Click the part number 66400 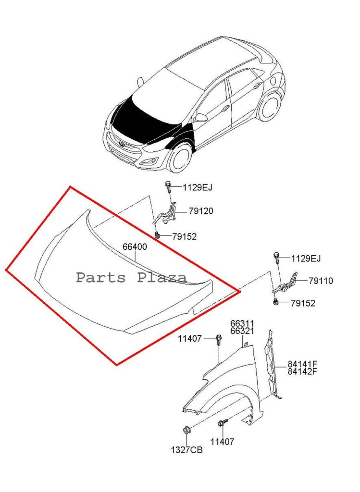(135, 246)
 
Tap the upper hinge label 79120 (201, 211)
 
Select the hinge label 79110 (321, 281)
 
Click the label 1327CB (187, 450)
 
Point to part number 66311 (242, 323)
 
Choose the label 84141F (302, 364)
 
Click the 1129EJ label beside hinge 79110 (306, 258)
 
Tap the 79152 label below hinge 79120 (184, 236)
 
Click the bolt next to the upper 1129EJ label (168, 187)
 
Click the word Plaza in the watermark (162, 277)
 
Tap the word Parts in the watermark (101, 278)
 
